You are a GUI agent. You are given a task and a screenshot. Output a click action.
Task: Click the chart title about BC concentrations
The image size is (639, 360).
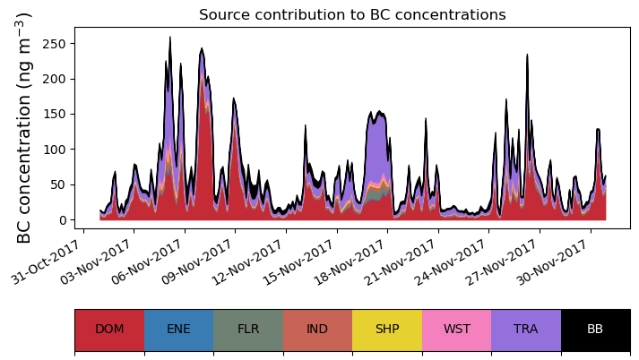pos(352,15)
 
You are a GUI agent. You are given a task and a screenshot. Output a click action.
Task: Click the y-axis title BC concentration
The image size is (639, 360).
pos(24,127)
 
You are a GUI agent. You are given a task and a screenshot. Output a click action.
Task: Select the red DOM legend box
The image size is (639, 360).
pos(109,330)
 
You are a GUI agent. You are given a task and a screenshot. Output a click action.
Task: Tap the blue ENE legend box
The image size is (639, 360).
pos(178,330)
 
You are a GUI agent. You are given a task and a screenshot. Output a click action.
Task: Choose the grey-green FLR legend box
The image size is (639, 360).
pos(248,330)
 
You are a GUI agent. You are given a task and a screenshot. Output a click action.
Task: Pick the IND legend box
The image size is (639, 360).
pos(317,330)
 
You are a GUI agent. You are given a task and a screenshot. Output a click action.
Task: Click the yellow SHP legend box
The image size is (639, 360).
pos(387,330)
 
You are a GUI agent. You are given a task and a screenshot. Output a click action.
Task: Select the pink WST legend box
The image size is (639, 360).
pos(456,330)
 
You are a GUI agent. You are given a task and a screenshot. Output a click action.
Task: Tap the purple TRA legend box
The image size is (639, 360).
pos(526,330)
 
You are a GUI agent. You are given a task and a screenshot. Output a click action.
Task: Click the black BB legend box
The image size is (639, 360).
pos(595,330)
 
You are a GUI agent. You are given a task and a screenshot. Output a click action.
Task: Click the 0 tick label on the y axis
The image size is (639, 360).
pos(64,220)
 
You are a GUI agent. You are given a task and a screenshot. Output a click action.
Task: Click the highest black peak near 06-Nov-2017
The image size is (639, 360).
pos(170,39)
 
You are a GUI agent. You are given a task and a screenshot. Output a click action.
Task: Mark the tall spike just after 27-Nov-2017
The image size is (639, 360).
pos(527,56)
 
